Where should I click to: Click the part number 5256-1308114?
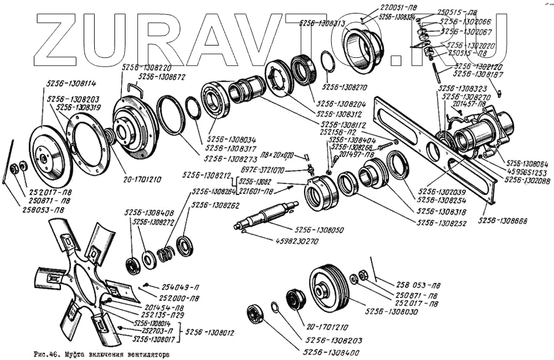71,83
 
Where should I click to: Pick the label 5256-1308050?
319,230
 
